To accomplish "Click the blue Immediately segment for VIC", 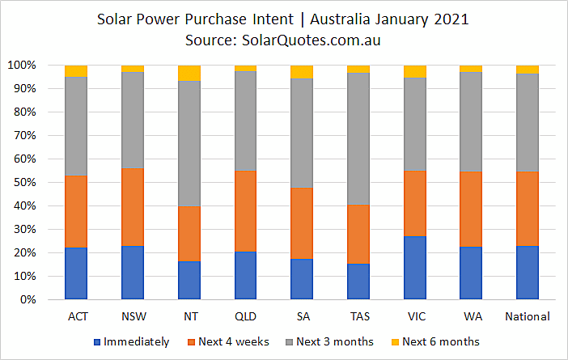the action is pos(415,268).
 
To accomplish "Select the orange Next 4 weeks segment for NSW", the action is pos(133,207).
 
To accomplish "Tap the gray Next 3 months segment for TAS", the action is pos(358,138).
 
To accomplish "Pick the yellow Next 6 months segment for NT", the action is pos(189,73).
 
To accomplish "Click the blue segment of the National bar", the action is pos(528,273).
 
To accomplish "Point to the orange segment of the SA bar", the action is pos(302,223).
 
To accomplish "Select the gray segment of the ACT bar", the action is pos(76,126).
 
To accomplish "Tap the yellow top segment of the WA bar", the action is pos(471,69).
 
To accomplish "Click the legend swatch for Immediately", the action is pos(97,342).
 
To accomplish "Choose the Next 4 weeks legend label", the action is pos(234,341).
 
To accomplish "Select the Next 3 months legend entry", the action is pos(329,341).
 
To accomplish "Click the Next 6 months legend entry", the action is pos(436,341).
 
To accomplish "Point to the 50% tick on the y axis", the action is pos(25,182).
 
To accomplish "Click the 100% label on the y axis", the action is pos(22,66).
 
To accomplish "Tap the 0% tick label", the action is pos(28,299).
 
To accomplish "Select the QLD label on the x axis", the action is pos(246,316).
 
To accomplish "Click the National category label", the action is pos(528,316).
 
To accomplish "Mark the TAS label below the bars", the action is pos(360,316).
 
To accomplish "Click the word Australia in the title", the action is pos(340,19).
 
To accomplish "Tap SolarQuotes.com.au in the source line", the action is pos(312,40).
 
